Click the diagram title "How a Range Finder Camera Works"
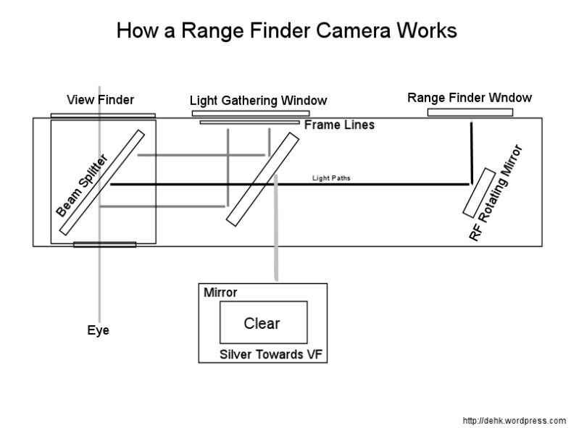click(x=286, y=31)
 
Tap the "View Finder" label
click(x=101, y=100)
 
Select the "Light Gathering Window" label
click(x=258, y=101)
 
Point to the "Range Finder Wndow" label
click(x=470, y=98)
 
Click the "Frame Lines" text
click(x=339, y=125)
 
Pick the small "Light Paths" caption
click(x=331, y=177)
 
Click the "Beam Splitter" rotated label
click(x=81, y=185)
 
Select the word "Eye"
click(x=98, y=331)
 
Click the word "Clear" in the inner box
click(x=262, y=324)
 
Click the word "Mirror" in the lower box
click(x=220, y=293)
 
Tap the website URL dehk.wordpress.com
click(x=514, y=420)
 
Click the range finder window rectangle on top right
click(x=470, y=112)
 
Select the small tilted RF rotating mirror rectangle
click(x=479, y=193)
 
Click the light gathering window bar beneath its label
click(x=251, y=113)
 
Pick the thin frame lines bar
click(x=249, y=122)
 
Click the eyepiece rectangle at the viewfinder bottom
click(x=104, y=245)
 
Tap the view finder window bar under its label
click(x=103, y=115)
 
